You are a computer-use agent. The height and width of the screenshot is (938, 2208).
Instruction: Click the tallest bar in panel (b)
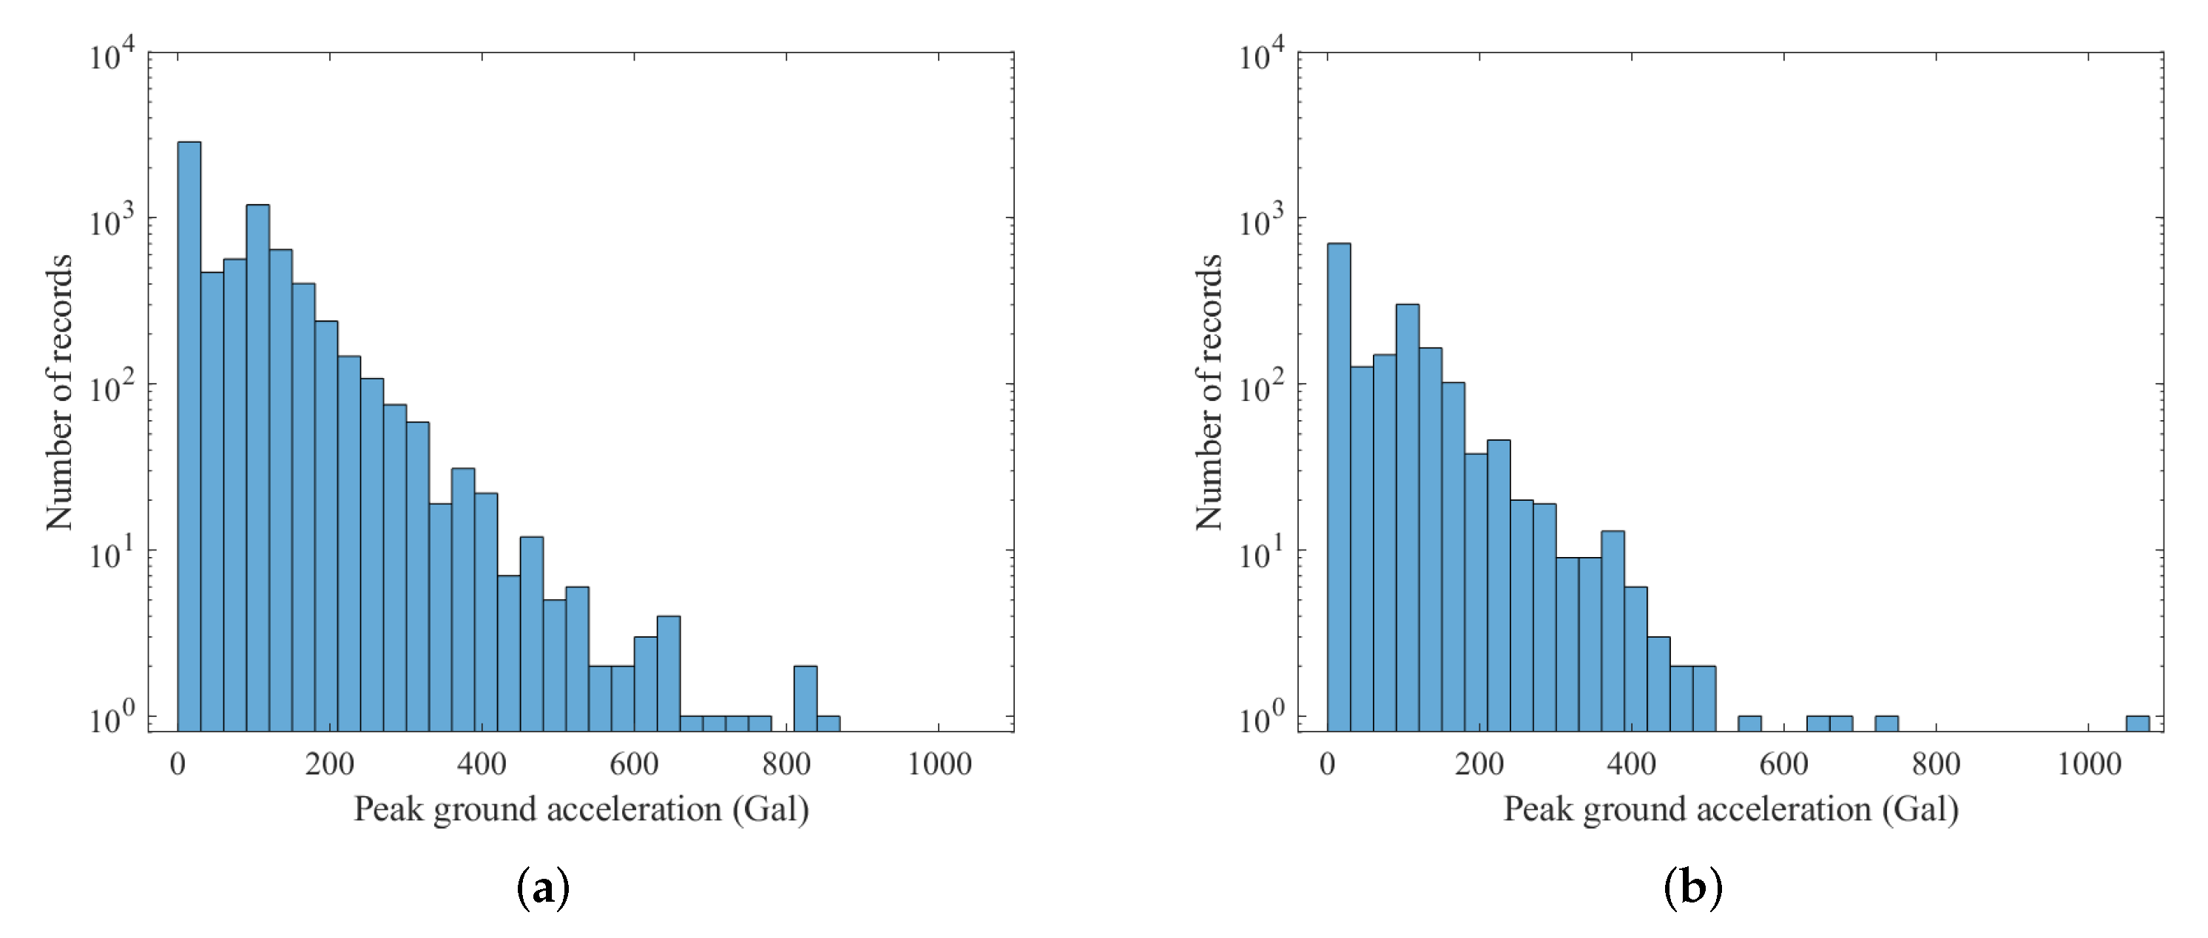tap(1338, 480)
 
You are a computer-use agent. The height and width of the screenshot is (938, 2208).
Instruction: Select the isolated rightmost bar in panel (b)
tap(2137, 723)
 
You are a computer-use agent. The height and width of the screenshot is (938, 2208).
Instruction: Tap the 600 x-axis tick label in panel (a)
tap(633, 763)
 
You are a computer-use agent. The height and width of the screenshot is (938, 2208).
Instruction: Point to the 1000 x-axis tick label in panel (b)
tap(2089, 763)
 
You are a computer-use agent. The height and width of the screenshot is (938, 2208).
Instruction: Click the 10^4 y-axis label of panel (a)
tap(112, 56)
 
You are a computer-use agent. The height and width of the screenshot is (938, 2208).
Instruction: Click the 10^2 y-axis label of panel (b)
tap(1262, 388)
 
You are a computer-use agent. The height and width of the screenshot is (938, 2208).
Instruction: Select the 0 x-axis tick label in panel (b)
tap(1327, 763)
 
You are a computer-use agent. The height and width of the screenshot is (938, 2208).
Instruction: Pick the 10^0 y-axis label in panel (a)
tap(112, 718)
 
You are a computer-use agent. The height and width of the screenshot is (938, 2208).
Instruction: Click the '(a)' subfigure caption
tap(544, 888)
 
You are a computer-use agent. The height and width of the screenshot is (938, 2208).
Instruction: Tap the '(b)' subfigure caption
tap(1692, 888)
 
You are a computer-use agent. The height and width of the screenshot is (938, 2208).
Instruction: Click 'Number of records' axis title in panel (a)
tap(58, 392)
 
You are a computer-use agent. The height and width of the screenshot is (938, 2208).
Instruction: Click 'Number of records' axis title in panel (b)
tap(1208, 392)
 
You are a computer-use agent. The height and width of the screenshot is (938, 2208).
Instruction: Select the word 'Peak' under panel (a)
tap(388, 809)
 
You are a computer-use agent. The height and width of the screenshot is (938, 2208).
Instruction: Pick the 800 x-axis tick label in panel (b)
tap(1937, 763)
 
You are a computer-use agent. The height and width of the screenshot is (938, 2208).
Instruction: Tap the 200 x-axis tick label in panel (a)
tap(329, 763)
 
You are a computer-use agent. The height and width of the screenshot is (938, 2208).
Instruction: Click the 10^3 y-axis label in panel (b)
tap(1262, 223)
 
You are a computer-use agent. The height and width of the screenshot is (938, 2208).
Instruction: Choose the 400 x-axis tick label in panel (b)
tap(1631, 763)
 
